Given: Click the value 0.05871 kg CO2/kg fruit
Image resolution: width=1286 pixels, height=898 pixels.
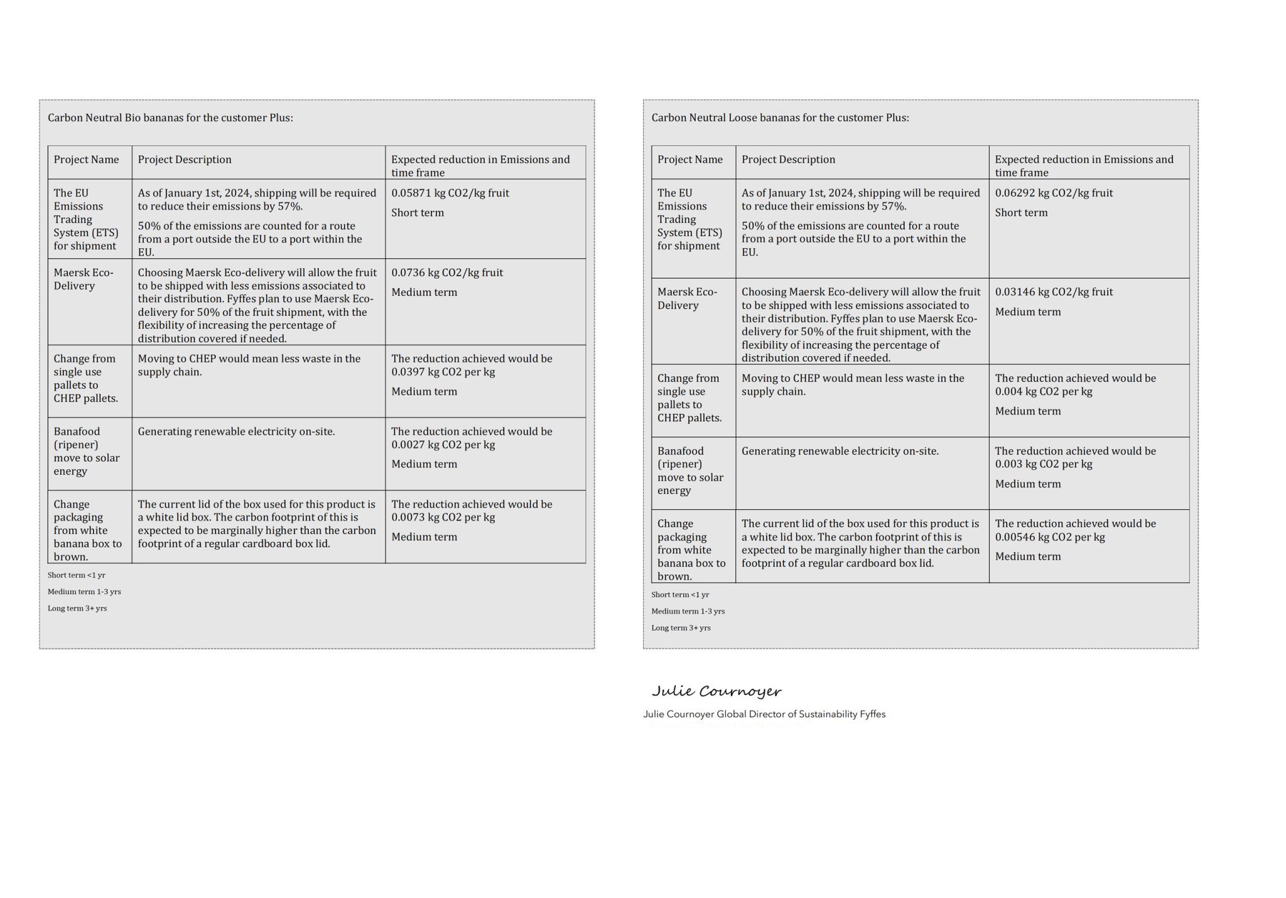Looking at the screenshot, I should (x=450, y=193).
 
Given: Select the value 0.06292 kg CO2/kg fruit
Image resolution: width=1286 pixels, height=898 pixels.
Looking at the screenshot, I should (x=1053, y=193).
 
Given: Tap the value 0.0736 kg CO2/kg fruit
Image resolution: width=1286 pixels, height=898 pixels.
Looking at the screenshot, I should (x=446, y=273).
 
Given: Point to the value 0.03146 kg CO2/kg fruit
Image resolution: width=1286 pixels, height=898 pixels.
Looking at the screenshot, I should (x=1053, y=292).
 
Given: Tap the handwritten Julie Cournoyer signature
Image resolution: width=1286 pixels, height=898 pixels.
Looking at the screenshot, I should (x=716, y=691).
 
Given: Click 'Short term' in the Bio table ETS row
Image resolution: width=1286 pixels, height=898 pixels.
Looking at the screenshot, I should (x=418, y=213).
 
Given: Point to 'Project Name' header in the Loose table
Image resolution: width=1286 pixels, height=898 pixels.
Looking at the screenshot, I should (x=689, y=160).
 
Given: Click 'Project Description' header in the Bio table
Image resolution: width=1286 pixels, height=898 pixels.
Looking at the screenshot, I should (x=185, y=160).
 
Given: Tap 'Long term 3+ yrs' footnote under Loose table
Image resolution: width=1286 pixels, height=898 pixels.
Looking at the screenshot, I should (x=681, y=628).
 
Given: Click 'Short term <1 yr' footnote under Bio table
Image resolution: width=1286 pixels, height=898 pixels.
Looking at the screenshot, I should (x=77, y=575).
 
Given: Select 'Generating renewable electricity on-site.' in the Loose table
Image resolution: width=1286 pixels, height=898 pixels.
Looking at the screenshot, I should (x=840, y=451).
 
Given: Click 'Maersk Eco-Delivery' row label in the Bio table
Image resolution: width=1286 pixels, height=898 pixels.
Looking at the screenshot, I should (x=84, y=279).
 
